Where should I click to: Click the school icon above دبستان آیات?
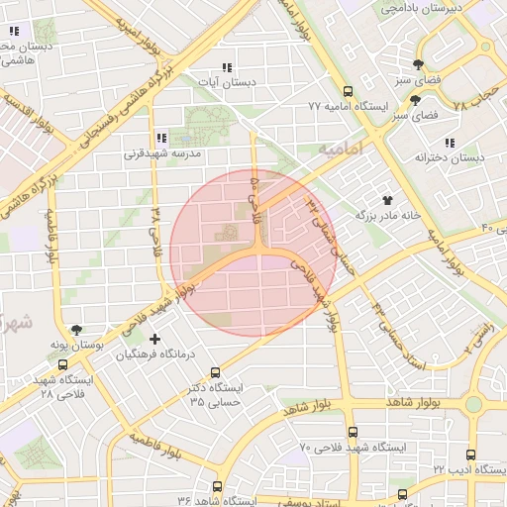(x=228, y=67)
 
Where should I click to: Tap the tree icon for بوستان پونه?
(x=77, y=330)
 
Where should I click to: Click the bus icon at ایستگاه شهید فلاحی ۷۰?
(x=354, y=432)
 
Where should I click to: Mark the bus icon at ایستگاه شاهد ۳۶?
(x=217, y=486)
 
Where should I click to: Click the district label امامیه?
(x=341, y=147)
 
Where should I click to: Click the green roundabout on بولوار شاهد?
(x=473, y=404)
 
